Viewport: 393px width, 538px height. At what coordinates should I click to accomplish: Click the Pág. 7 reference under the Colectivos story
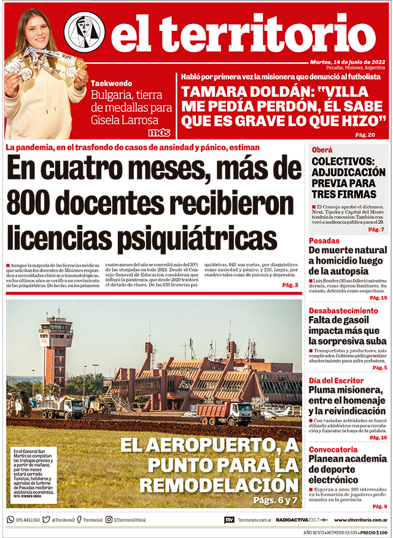click(x=376, y=229)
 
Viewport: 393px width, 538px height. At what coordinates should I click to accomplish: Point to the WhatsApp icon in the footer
click(x=10, y=520)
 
